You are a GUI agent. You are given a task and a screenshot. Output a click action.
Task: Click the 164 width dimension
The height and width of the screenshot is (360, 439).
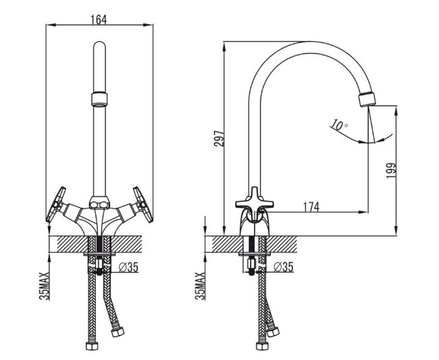[x=99, y=20]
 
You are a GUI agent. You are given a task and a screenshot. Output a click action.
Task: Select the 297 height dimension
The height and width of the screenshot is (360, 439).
[x=219, y=138]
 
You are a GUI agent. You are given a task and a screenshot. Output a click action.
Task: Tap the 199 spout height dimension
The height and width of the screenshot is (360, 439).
[x=391, y=171]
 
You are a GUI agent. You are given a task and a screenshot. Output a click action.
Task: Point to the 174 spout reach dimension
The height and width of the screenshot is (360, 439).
[x=311, y=207]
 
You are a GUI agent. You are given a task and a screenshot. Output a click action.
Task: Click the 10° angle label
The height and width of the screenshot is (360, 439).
[x=339, y=125]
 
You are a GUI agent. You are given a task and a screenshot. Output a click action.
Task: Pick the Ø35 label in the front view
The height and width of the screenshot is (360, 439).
[x=128, y=267]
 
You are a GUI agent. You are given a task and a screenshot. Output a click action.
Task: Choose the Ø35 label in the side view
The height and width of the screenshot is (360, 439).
[x=284, y=267]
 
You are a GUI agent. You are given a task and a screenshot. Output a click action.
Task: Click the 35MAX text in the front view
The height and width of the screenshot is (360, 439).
[x=44, y=286]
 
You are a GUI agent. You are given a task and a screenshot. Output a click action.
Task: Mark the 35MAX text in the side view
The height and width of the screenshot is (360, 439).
[x=200, y=286]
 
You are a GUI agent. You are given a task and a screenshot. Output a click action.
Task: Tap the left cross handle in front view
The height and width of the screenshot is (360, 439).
[x=55, y=205]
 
